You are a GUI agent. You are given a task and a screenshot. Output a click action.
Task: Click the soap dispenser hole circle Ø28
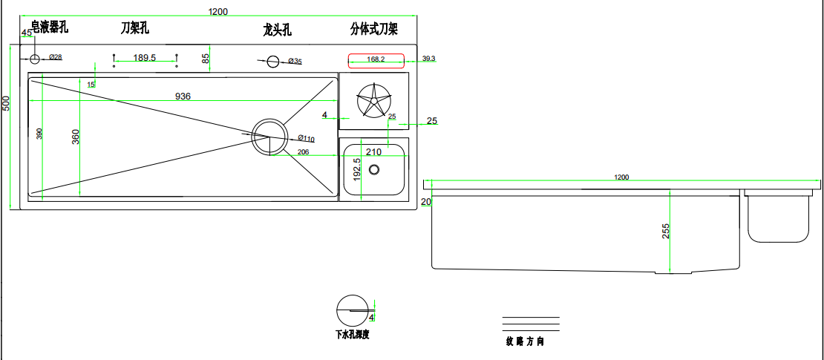click(34, 58)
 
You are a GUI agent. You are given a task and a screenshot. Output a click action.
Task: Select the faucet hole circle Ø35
click(273, 61)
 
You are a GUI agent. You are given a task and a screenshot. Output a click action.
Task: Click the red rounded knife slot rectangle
click(376, 59)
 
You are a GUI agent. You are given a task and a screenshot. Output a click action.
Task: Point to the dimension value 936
click(183, 96)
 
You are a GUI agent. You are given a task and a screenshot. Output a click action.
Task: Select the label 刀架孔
click(135, 28)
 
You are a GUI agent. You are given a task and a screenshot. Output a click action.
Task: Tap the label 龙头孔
click(278, 30)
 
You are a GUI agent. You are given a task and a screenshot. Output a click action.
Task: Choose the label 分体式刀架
click(374, 30)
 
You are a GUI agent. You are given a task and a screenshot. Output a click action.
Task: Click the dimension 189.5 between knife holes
click(144, 58)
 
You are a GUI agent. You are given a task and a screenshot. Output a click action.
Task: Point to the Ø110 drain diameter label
click(306, 138)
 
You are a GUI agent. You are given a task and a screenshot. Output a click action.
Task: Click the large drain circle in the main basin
click(269, 137)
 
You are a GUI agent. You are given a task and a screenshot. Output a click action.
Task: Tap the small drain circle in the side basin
click(374, 169)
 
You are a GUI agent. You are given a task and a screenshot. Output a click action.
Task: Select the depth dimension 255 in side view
click(665, 232)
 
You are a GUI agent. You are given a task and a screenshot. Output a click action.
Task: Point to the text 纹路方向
click(526, 342)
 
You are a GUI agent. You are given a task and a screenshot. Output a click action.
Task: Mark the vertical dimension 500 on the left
click(6, 104)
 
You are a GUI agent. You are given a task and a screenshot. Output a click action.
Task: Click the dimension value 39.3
click(428, 58)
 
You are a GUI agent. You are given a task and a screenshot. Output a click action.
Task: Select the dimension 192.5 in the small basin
click(357, 170)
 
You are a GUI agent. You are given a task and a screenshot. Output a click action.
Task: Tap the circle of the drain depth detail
click(352, 309)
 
